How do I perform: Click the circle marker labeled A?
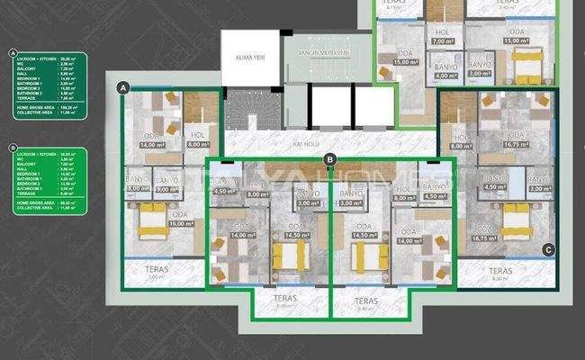[122, 86]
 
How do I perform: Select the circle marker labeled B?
[330, 160]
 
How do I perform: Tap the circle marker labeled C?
[547, 249]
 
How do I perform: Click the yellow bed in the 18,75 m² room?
[517, 219]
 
